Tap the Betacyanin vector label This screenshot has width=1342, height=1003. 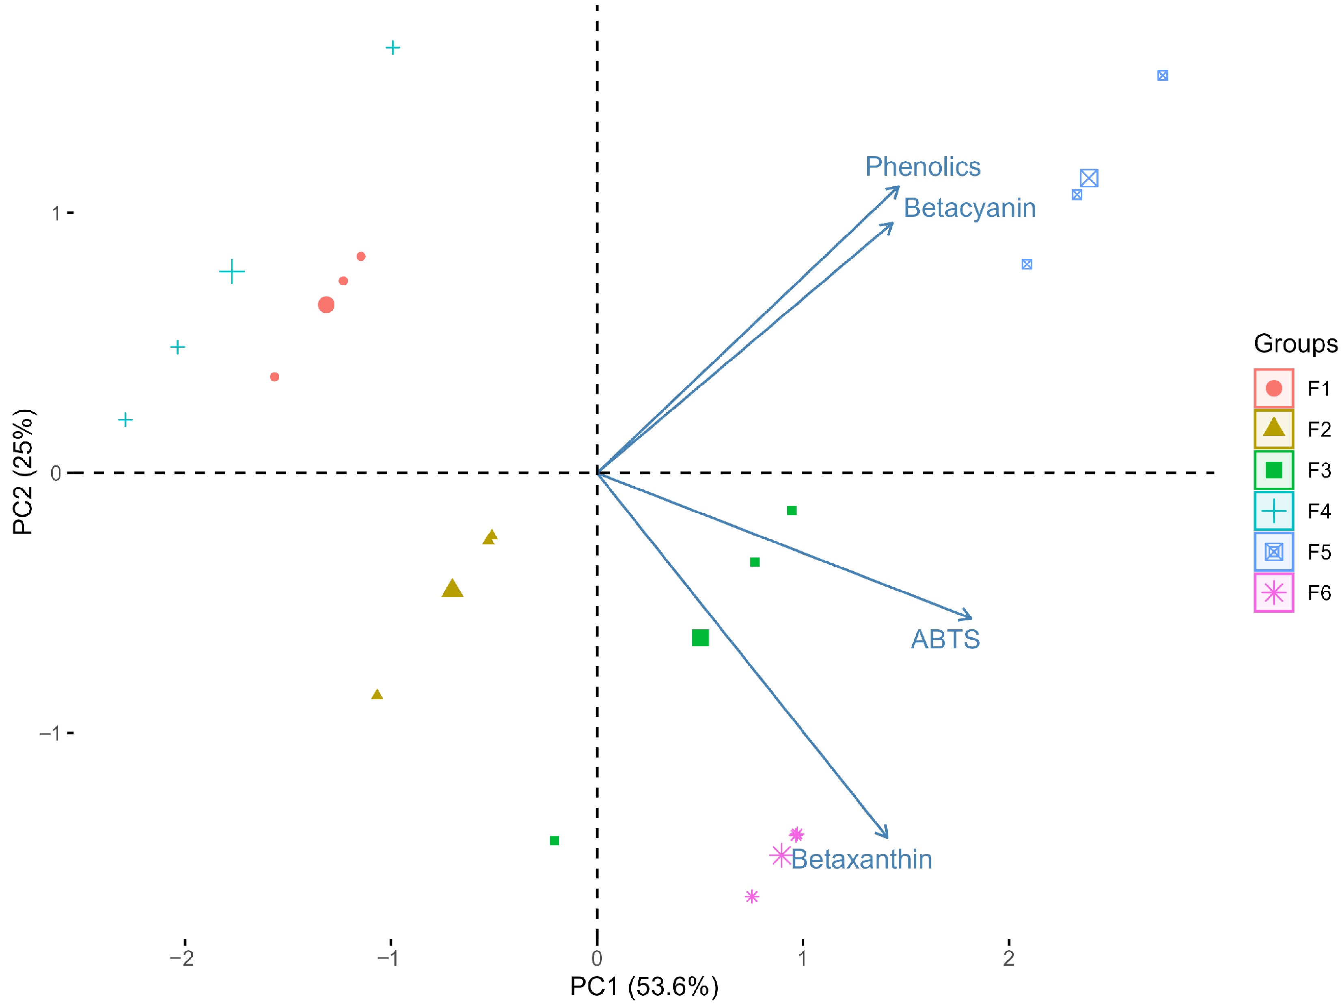click(969, 208)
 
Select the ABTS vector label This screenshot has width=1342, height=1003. click(945, 639)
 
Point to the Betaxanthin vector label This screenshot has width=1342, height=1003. click(862, 860)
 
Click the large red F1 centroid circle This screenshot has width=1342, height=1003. click(326, 305)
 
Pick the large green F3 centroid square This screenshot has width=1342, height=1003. click(700, 638)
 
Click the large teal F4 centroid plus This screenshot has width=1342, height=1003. click(232, 271)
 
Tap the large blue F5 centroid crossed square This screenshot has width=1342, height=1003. click(1089, 179)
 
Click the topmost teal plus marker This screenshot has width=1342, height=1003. click(393, 47)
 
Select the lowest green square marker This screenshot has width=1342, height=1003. click(554, 840)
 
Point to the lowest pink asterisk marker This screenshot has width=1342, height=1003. click(752, 896)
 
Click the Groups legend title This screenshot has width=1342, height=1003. click(1295, 343)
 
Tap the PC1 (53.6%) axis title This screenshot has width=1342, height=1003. click(644, 987)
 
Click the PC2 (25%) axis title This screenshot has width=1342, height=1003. click(23, 472)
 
